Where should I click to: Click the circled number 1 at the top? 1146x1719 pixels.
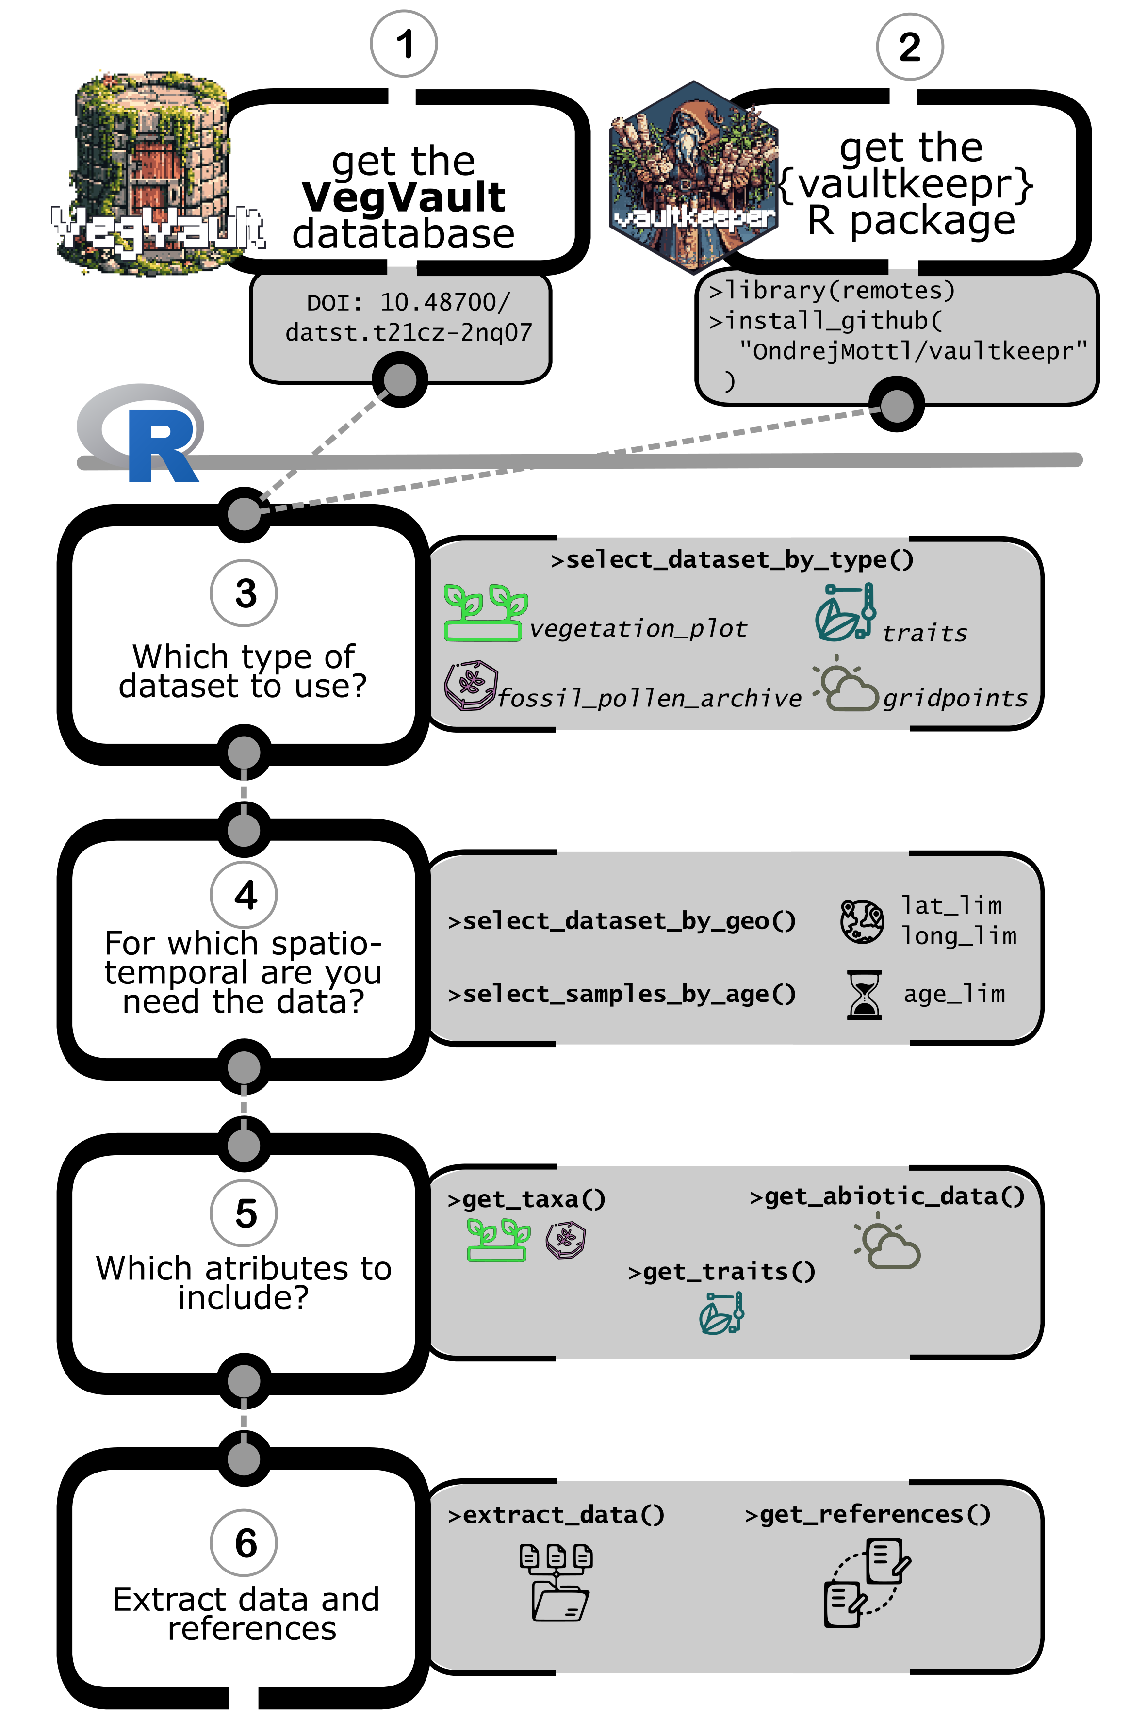click(x=404, y=44)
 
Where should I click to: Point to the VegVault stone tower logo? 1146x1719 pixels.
click(x=153, y=172)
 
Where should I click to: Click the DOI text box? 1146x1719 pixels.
click(x=400, y=318)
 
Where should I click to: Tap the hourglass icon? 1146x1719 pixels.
click(x=864, y=995)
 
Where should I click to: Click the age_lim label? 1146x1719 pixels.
click(x=954, y=994)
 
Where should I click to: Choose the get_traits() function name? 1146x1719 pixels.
click(x=721, y=1272)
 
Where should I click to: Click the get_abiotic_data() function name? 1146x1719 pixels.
click(x=887, y=1196)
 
